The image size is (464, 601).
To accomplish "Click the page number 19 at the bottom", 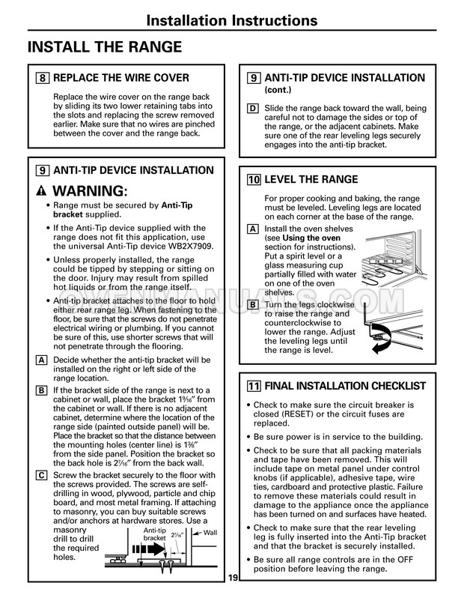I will click(232, 577).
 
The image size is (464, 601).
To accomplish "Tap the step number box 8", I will click(43, 78).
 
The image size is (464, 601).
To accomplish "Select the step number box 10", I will click(254, 180).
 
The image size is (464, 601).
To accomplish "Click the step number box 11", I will click(254, 386).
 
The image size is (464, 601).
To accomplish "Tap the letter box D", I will click(252, 109).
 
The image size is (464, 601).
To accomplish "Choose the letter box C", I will click(41, 476).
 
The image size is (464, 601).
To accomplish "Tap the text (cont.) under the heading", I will click(279, 90).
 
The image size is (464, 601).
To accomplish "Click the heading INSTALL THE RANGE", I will click(104, 47).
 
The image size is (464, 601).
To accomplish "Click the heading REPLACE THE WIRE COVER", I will click(121, 78).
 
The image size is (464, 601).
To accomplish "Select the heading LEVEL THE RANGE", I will click(311, 180).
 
